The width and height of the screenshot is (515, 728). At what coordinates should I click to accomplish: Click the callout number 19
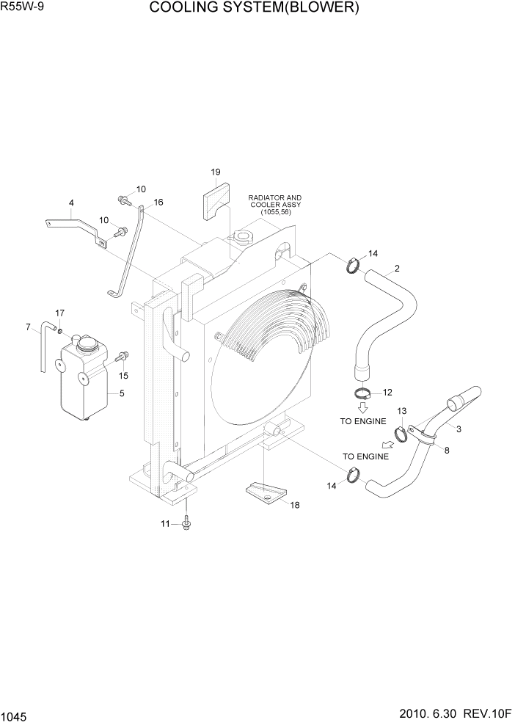(x=216, y=172)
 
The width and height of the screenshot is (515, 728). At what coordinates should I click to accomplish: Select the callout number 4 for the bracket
(x=71, y=203)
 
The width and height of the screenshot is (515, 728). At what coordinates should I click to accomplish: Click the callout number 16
(x=158, y=203)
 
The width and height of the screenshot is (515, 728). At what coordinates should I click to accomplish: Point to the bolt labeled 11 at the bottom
(x=188, y=523)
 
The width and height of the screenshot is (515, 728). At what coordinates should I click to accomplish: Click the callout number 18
(x=295, y=505)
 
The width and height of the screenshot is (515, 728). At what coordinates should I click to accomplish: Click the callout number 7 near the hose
(x=28, y=327)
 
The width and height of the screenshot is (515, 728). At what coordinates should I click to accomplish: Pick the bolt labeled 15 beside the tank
(x=122, y=357)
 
